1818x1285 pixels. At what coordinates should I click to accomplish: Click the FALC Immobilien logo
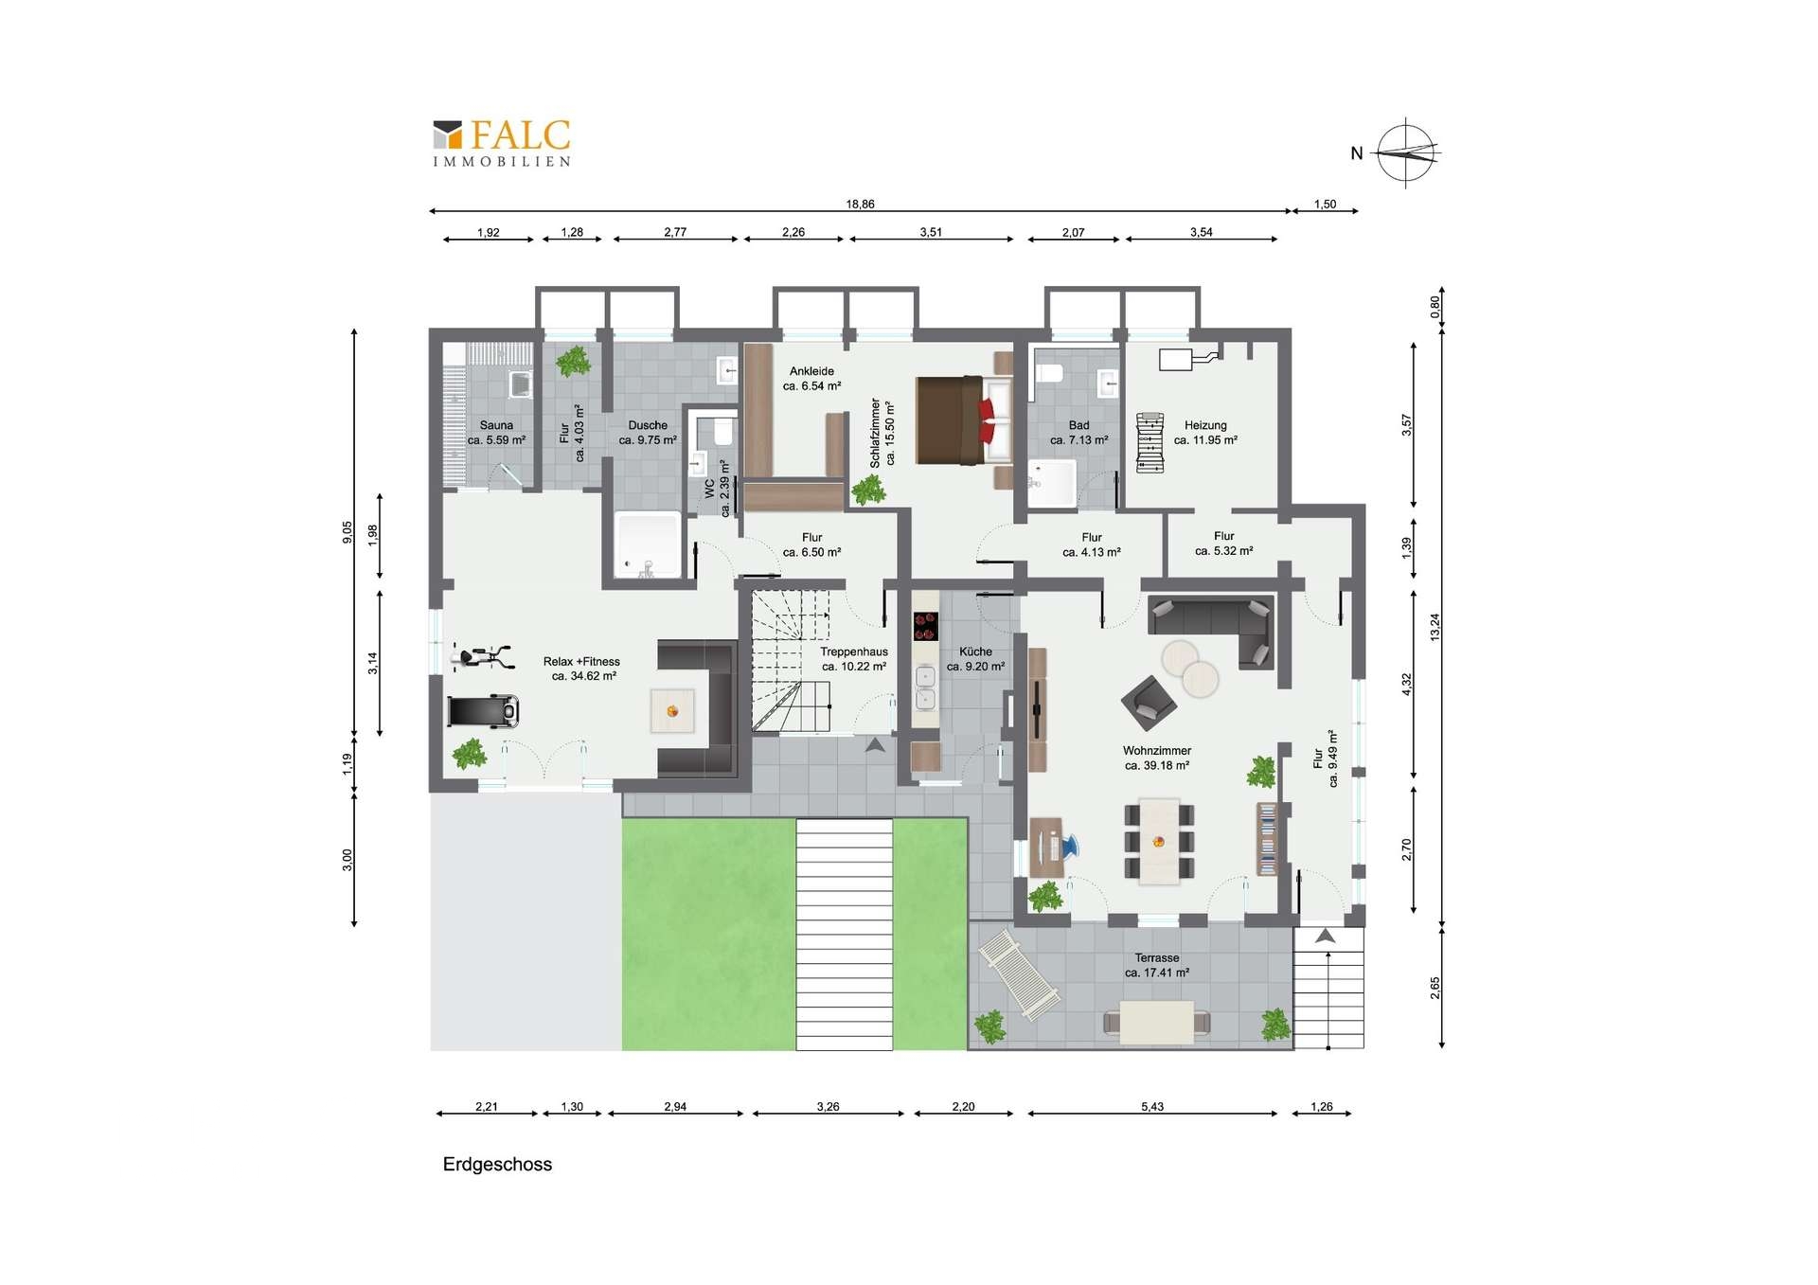pyautogui.click(x=502, y=143)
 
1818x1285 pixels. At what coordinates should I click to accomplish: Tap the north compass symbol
pyautogui.click(x=1406, y=152)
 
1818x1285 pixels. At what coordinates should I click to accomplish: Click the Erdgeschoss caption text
pyautogui.click(x=497, y=1165)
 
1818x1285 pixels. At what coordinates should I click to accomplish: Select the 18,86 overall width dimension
pyautogui.click(x=860, y=204)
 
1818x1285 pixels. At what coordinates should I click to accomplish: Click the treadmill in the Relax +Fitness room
pyautogui.click(x=483, y=710)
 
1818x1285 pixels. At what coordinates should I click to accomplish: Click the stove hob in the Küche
pyautogui.click(x=925, y=627)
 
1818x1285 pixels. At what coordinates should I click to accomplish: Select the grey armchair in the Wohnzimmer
pyautogui.click(x=1149, y=703)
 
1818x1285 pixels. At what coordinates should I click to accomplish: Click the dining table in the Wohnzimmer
pyautogui.click(x=1159, y=841)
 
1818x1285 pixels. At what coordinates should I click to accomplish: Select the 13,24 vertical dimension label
pyautogui.click(x=1435, y=628)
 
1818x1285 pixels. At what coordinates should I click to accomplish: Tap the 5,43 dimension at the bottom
pyautogui.click(x=1152, y=1106)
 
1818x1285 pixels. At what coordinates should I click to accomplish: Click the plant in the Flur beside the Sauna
pyautogui.click(x=572, y=361)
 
